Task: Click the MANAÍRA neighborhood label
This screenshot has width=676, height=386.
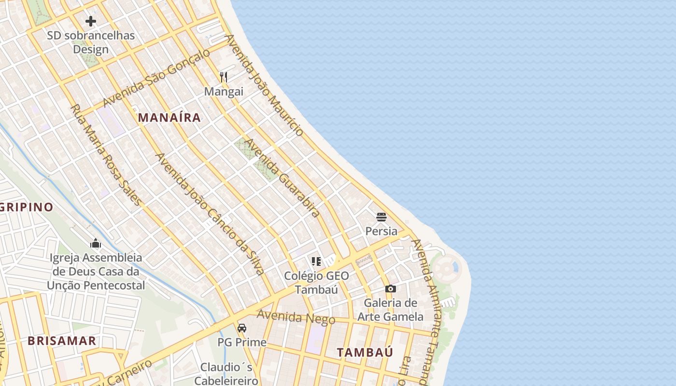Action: point(169,117)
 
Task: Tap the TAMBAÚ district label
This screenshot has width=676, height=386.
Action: point(365,352)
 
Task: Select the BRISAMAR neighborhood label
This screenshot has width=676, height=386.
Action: point(62,341)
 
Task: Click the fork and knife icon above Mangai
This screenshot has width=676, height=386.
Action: point(224,77)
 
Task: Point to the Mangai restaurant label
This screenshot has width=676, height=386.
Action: point(224,92)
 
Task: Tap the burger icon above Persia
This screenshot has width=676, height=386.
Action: point(381,217)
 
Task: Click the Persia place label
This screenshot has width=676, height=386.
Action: point(381,231)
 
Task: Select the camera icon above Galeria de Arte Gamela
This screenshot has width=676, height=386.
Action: point(391,289)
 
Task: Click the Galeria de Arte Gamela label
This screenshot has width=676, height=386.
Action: point(391,310)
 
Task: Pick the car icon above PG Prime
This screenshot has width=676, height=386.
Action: point(242,328)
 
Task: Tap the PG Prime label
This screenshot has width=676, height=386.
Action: point(242,343)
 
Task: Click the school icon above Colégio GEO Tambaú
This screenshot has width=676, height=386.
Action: point(316,262)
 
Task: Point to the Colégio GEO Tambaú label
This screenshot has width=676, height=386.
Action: point(316,283)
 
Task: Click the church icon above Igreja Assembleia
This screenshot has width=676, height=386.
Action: point(96,243)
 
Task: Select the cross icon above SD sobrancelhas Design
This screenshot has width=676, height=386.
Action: point(91,21)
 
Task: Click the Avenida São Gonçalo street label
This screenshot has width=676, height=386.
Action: point(157,78)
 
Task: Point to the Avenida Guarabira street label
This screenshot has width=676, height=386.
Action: point(282,178)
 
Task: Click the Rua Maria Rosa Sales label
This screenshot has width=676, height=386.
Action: point(106,155)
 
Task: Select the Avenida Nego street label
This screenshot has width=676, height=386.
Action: point(296,317)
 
